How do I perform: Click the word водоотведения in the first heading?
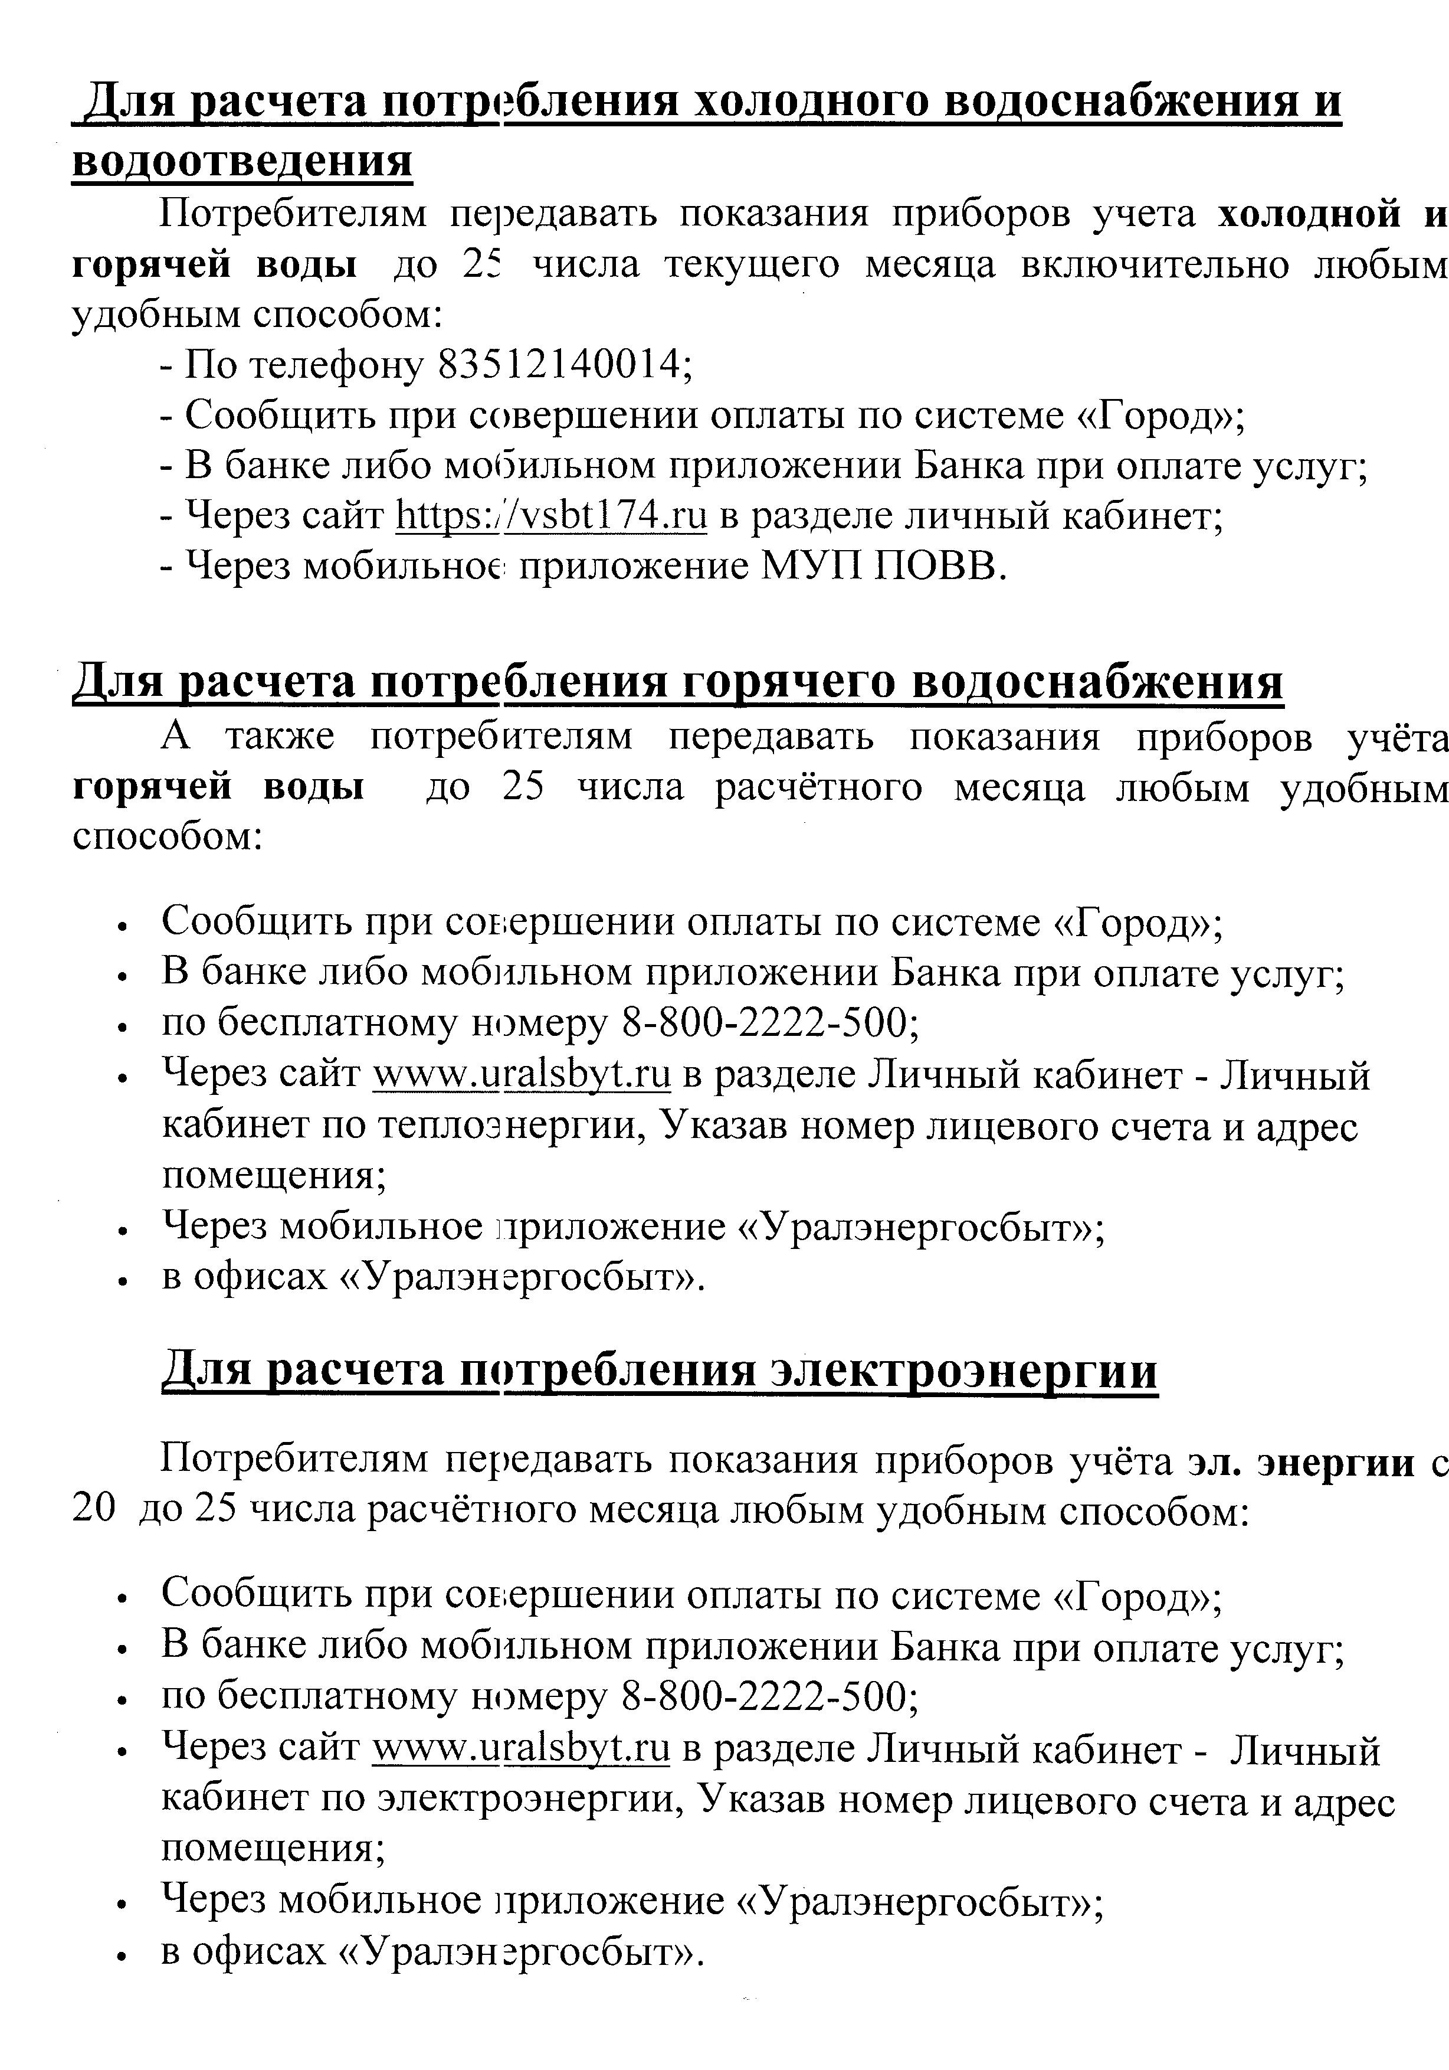pyautogui.click(x=241, y=162)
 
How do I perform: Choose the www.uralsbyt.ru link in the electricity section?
pyautogui.click(x=521, y=1748)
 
